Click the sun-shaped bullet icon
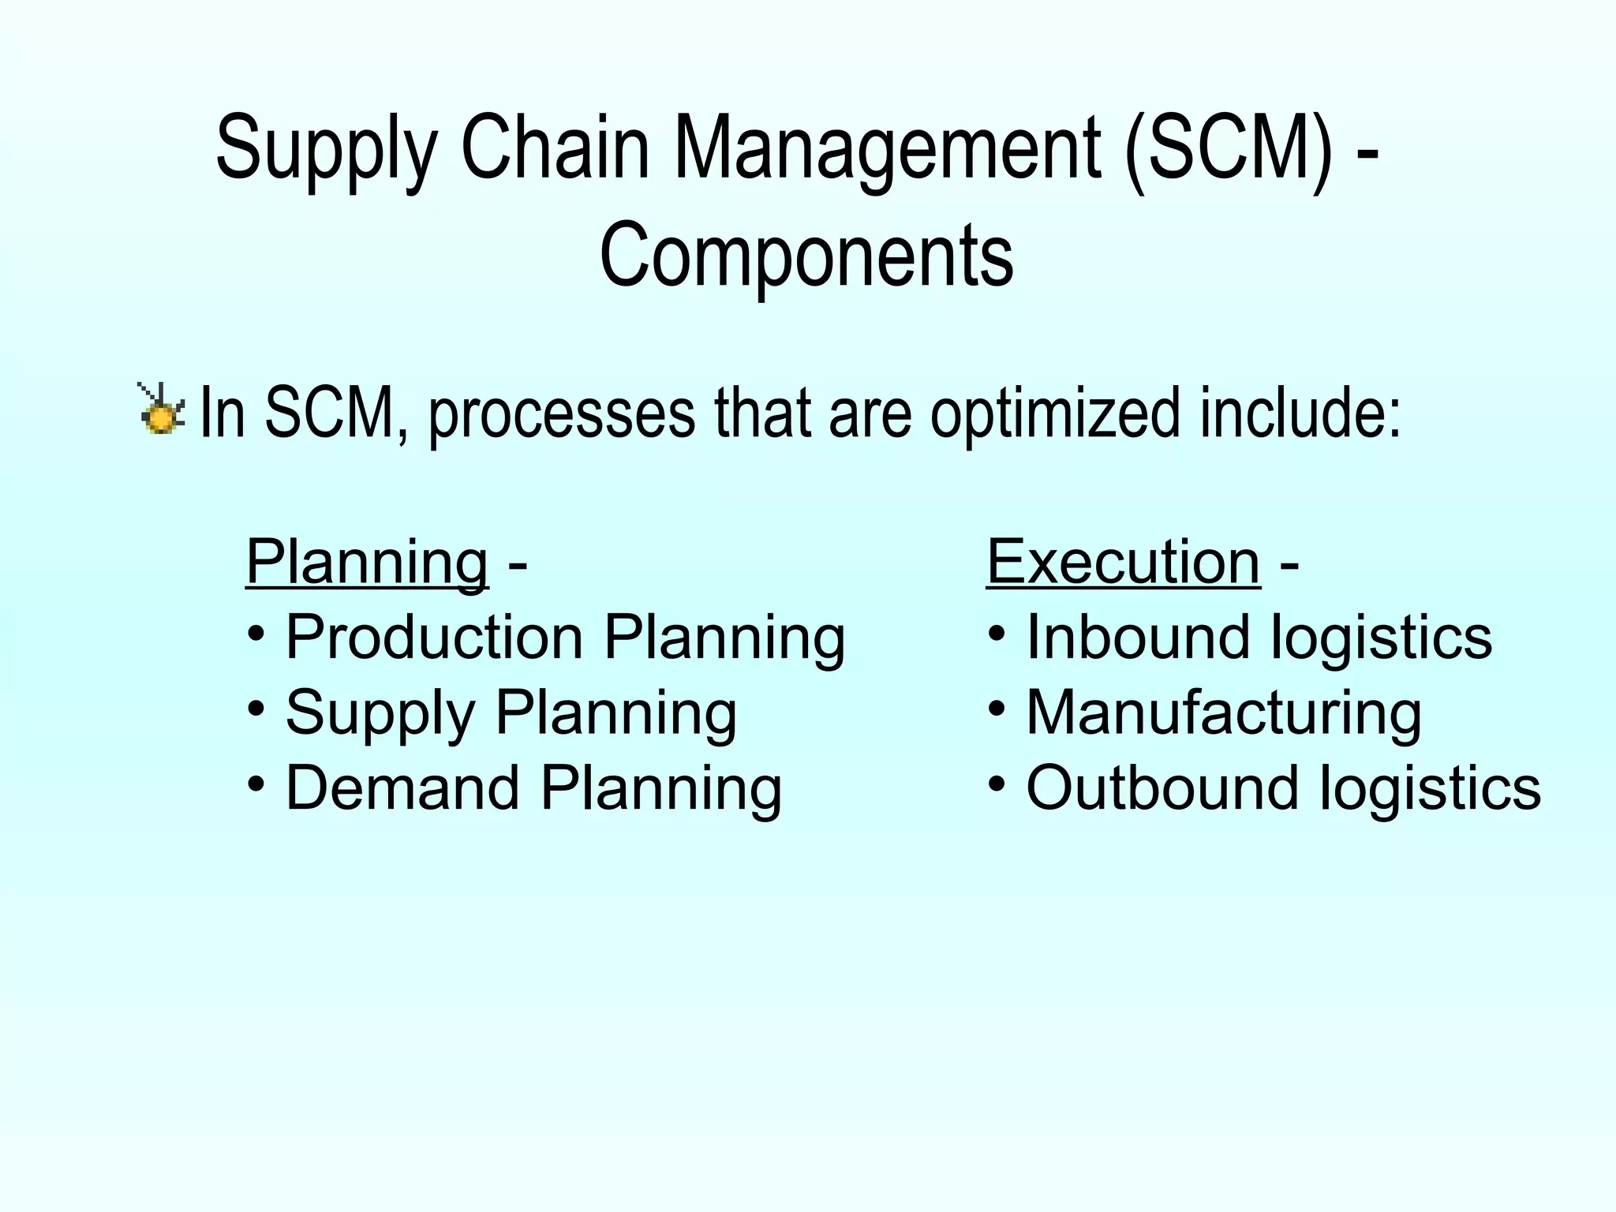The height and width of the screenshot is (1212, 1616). (x=162, y=410)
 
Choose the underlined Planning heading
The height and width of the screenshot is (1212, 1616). (x=367, y=562)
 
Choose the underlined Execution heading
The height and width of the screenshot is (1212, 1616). (x=1123, y=562)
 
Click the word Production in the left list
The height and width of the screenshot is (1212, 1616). (x=434, y=637)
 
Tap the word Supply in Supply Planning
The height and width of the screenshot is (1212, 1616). (x=380, y=713)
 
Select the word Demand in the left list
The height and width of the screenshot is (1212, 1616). (x=402, y=787)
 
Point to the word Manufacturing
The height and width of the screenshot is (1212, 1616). (x=1223, y=713)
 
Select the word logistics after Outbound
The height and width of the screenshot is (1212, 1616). (x=1430, y=787)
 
